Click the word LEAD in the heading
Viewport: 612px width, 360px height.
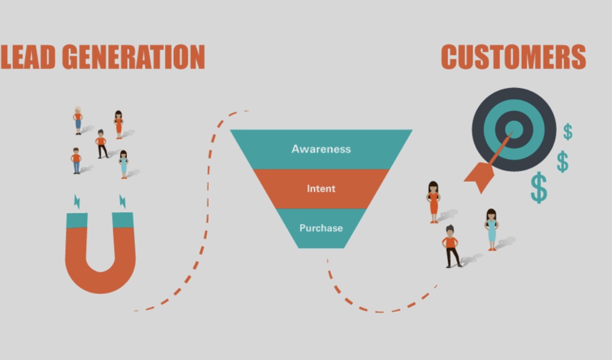(x=28, y=57)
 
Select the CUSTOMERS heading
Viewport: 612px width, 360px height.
(x=513, y=57)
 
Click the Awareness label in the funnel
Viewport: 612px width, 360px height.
(x=321, y=149)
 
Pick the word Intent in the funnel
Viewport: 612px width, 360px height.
(x=321, y=188)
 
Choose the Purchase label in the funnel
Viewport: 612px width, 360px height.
(x=321, y=228)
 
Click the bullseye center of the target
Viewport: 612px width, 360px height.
(x=514, y=129)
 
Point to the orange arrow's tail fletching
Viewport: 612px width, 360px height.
(x=479, y=177)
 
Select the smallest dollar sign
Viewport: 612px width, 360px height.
(x=567, y=131)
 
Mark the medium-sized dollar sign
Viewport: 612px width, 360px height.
(x=562, y=161)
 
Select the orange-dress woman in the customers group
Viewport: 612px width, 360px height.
(x=433, y=201)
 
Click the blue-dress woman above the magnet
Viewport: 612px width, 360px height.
(x=123, y=164)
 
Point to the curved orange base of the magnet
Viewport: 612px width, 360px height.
(x=100, y=279)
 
